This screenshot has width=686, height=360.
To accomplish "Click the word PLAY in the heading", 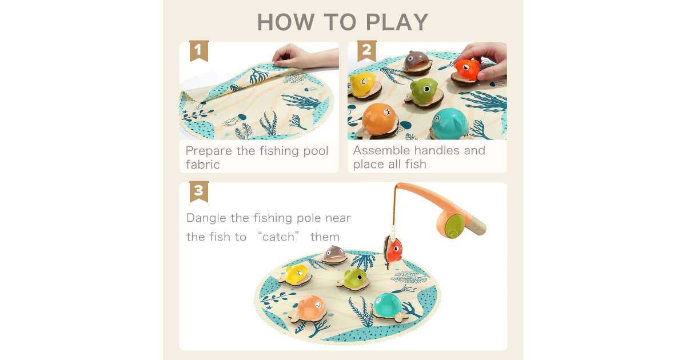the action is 397,22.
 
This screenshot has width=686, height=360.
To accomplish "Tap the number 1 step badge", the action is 199,51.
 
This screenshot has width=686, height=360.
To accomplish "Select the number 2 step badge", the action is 366,51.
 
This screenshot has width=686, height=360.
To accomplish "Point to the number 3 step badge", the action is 199,191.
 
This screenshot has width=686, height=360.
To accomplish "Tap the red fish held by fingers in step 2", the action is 466,70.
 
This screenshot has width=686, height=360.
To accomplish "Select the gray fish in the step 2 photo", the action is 416,62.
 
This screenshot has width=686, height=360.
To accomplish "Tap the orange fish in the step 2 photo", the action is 380,119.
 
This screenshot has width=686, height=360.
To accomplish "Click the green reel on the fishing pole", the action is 454,225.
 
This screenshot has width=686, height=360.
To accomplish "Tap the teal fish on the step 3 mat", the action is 388,306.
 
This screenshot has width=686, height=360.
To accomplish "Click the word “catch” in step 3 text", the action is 278,237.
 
